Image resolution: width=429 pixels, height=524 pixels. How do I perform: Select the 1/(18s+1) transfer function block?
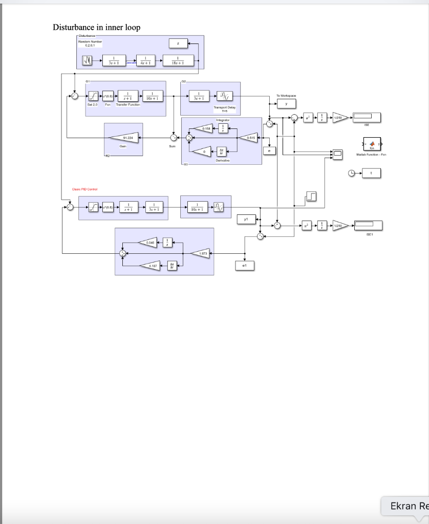[178, 60]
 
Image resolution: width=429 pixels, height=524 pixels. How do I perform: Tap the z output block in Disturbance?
[178, 45]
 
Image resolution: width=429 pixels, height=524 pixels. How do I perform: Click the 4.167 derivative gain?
[153, 266]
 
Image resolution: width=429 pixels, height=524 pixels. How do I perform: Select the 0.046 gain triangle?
[150, 242]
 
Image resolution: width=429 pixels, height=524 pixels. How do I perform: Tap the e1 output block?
[245, 266]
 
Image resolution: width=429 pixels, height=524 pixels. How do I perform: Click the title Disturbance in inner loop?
[97, 27]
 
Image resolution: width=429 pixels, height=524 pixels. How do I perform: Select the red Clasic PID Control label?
[85, 189]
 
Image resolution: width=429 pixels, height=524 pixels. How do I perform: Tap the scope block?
[337, 154]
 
